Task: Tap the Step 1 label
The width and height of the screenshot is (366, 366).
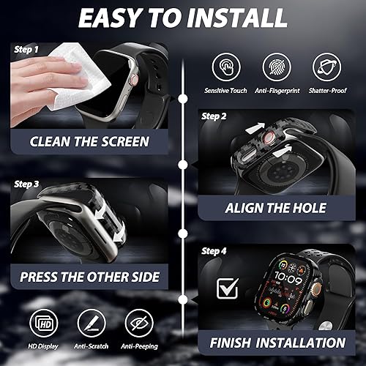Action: [x=26, y=49]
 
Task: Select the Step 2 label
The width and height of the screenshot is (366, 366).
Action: [x=213, y=116]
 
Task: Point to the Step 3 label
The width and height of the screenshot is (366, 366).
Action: [x=26, y=184]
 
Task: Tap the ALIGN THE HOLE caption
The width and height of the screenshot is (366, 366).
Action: [x=275, y=209]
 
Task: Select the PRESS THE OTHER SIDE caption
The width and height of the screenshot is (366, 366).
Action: [x=89, y=278]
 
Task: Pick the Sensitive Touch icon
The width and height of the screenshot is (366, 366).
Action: [x=226, y=67]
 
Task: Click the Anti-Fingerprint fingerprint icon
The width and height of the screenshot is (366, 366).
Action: [x=276, y=67]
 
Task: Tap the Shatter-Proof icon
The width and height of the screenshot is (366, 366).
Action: [x=326, y=67]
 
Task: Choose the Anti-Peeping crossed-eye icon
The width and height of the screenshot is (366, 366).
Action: [x=138, y=322]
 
